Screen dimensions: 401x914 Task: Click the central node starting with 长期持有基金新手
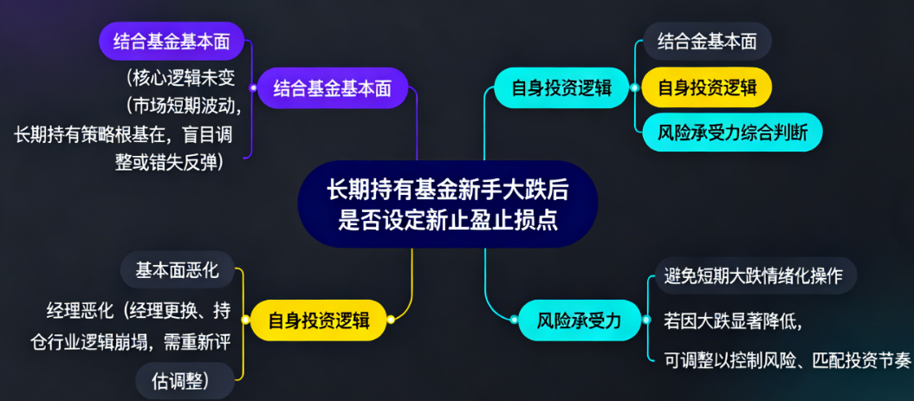coord(447,204)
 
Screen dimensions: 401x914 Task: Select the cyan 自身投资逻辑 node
coord(562,87)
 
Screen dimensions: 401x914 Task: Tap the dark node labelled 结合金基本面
coord(707,42)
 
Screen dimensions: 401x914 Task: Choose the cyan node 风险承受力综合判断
coord(732,133)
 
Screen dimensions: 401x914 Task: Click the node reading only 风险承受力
coord(579,320)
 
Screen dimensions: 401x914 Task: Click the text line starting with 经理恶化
coord(139,310)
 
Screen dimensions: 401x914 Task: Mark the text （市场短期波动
coord(180,107)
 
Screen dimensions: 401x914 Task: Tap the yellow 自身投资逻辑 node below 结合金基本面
coord(706,87)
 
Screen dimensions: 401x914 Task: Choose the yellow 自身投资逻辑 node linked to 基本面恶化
coord(318,320)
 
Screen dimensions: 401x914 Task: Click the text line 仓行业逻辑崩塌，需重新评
coord(132,342)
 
